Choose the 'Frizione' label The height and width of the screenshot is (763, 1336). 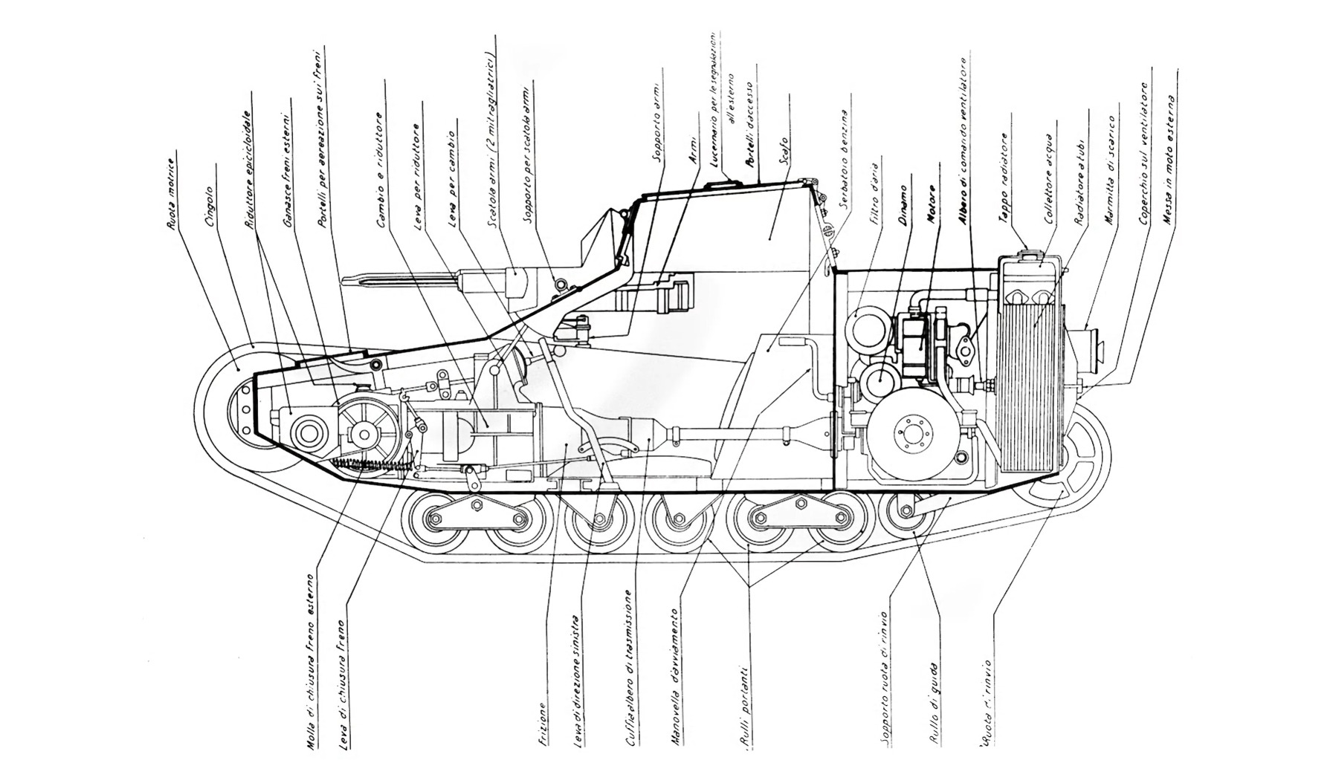(543, 724)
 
